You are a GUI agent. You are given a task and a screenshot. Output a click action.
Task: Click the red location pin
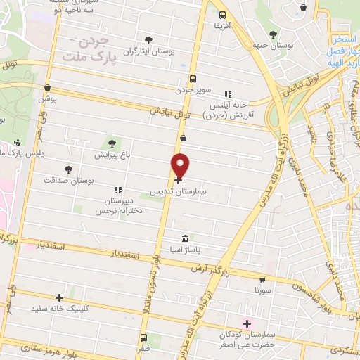click(x=181, y=165)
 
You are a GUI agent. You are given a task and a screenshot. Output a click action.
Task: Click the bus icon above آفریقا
click(x=222, y=15)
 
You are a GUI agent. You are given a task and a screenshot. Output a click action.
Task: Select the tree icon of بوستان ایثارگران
click(x=148, y=39)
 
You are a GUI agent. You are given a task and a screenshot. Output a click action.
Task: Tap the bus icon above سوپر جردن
click(x=193, y=79)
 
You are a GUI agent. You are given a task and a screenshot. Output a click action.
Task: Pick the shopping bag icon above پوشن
click(x=47, y=88)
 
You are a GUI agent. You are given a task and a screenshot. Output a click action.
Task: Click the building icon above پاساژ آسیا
click(x=185, y=238)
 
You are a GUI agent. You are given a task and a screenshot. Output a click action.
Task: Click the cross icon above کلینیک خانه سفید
click(x=60, y=297)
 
